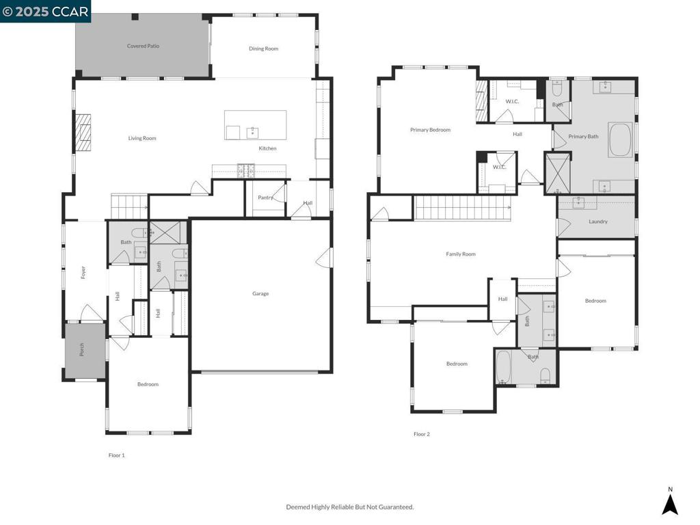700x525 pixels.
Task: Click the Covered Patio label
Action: click(x=143, y=46)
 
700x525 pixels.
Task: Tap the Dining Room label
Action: click(x=263, y=49)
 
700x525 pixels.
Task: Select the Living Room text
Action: click(x=142, y=138)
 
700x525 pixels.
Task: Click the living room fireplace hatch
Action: click(x=83, y=133)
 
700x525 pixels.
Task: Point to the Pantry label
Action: click(x=265, y=198)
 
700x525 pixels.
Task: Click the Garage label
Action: click(x=260, y=294)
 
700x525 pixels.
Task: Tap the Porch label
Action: click(x=82, y=349)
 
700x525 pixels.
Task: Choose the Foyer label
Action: click(x=83, y=272)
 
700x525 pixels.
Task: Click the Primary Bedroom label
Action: click(x=431, y=130)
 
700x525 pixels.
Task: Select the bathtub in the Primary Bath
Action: click(x=621, y=139)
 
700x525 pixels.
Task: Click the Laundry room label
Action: click(x=597, y=221)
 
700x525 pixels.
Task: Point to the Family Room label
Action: click(x=461, y=254)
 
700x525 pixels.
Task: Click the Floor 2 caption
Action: click(x=421, y=434)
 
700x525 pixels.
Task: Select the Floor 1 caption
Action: click(x=116, y=455)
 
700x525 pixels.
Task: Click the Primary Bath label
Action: click(x=583, y=137)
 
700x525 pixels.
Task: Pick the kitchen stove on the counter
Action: click(x=246, y=171)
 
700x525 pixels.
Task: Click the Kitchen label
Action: click(x=267, y=148)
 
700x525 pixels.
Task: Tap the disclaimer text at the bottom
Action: click(x=350, y=507)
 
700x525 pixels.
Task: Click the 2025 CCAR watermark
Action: click(x=45, y=11)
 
